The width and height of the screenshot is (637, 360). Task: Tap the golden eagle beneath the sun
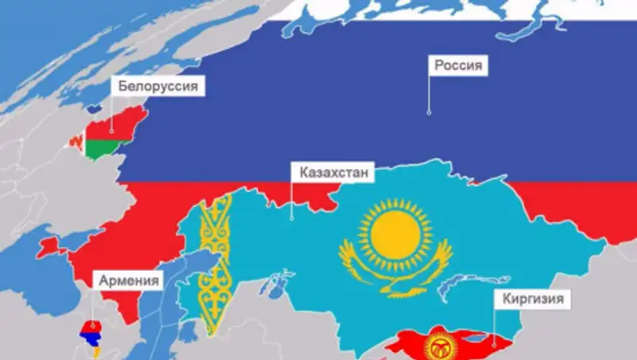click(x=395, y=264)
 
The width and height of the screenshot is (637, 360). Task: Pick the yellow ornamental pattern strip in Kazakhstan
click(x=215, y=263)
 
